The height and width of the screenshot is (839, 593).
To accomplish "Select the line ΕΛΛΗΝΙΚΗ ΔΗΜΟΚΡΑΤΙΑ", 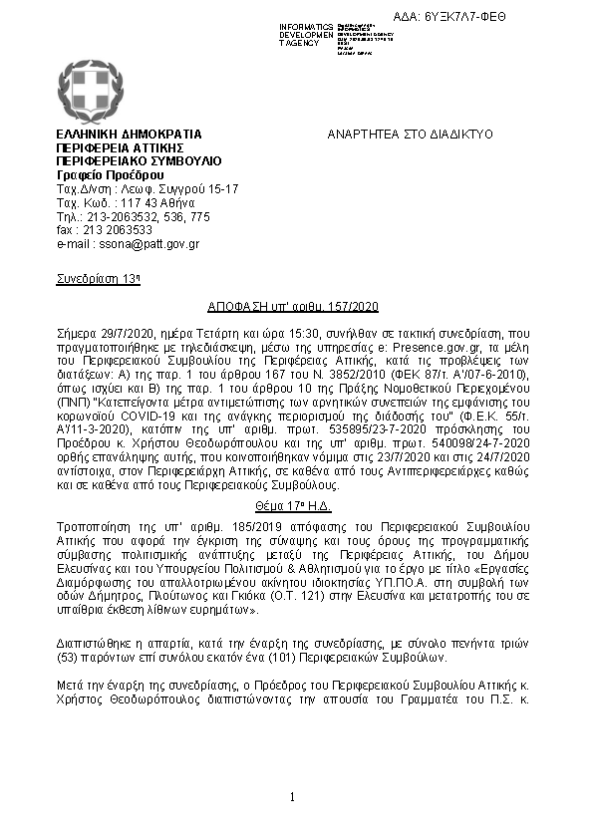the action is pyautogui.click(x=130, y=135).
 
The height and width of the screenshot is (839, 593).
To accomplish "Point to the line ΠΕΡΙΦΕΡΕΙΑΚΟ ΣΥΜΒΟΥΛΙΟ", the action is pyautogui.click(x=139, y=160).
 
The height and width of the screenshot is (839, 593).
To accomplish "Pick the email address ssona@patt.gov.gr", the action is pyautogui.click(x=128, y=243).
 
